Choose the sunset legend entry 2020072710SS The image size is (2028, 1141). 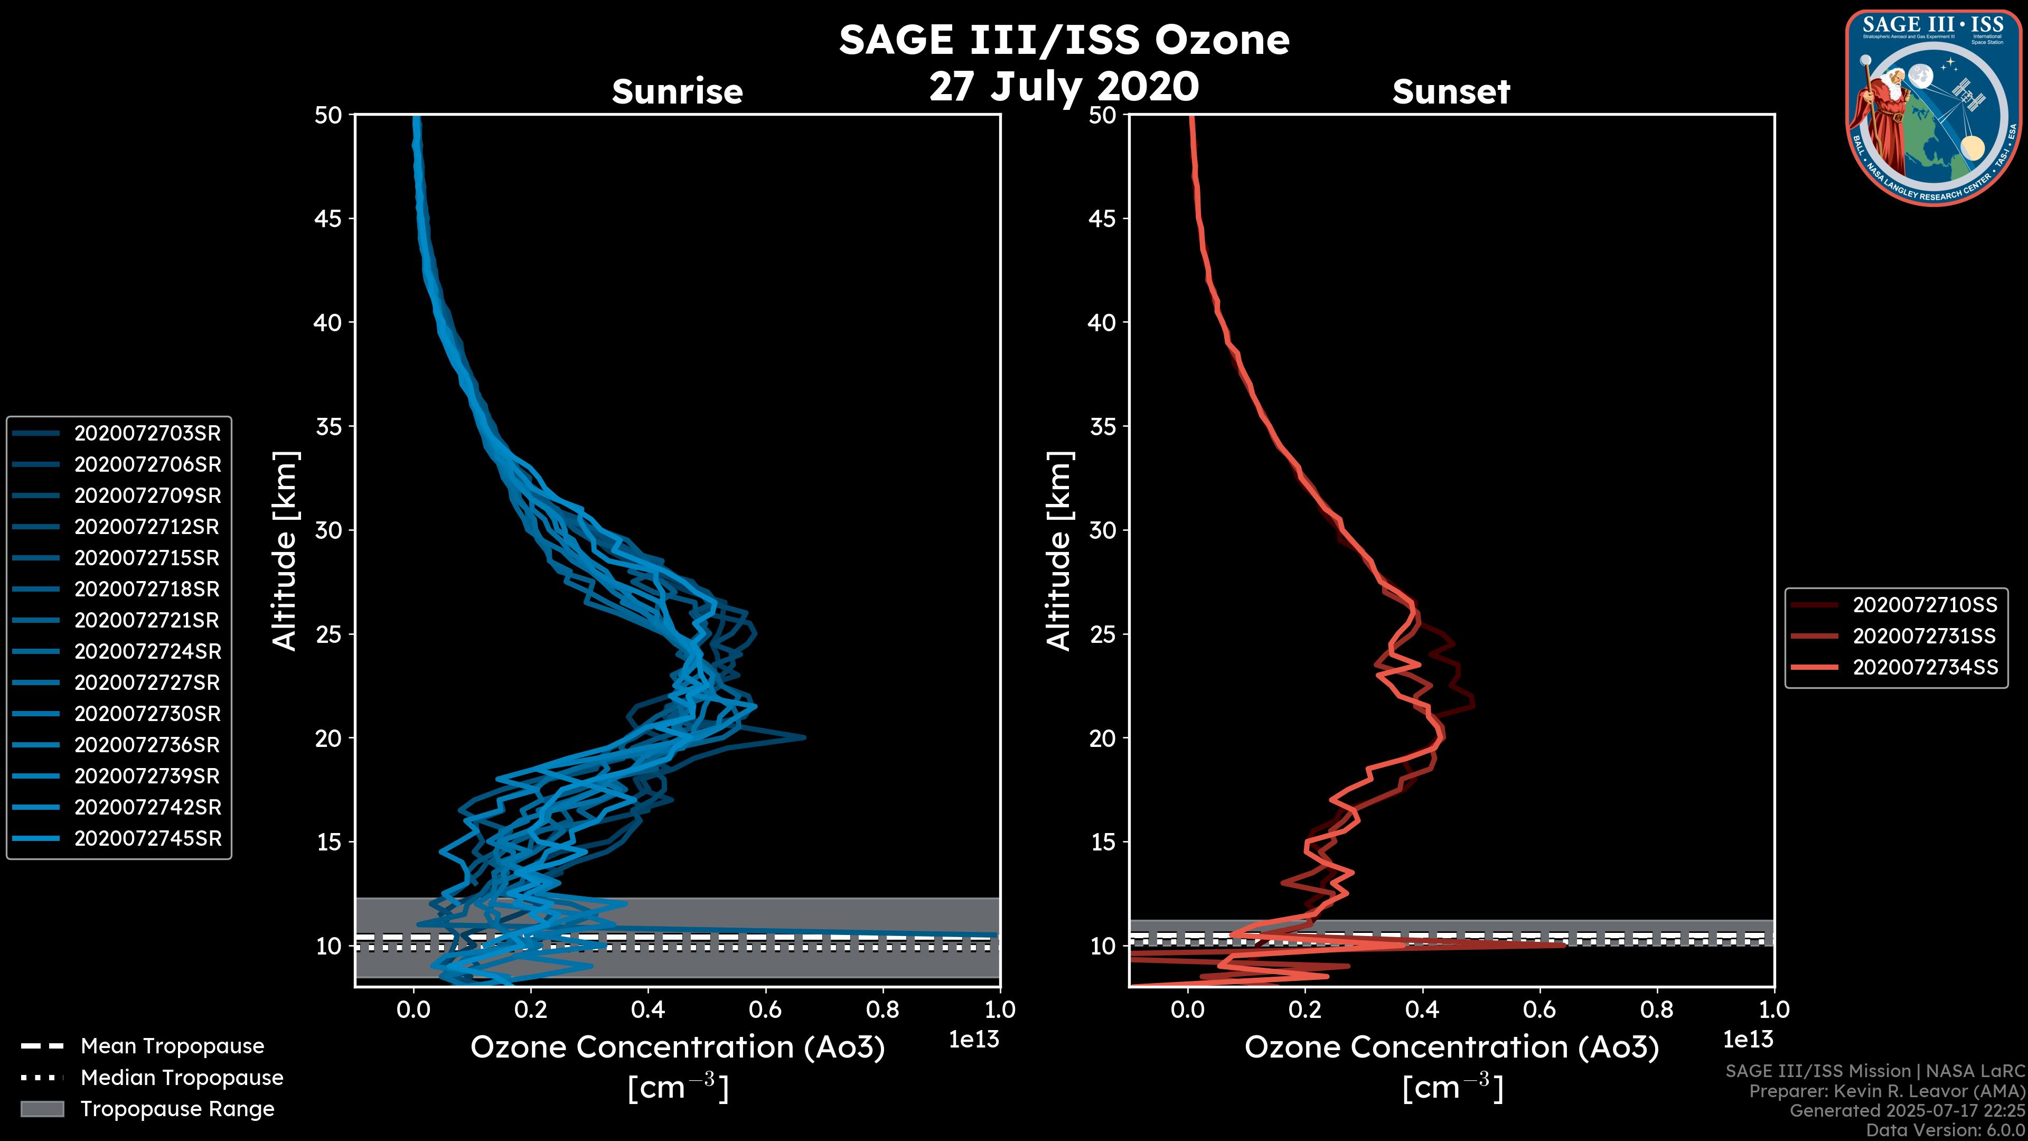click(x=1924, y=605)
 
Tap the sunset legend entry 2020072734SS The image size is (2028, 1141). click(x=1924, y=667)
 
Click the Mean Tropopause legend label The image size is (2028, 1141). click(x=172, y=1046)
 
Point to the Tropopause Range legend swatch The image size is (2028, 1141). click(x=42, y=1109)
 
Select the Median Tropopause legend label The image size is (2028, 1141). click(x=182, y=1077)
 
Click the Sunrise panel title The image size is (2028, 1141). click(x=677, y=91)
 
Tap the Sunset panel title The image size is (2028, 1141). click(x=1451, y=91)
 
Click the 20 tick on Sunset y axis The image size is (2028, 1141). click(x=1102, y=738)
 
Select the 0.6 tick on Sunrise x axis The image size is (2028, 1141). click(x=765, y=1009)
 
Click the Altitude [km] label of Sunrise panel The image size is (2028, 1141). click(x=285, y=550)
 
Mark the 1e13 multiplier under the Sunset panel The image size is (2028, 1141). click(x=1748, y=1040)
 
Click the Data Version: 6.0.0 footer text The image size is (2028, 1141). click(x=1945, y=1130)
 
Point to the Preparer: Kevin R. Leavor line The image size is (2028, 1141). click(x=1886, y=1091)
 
